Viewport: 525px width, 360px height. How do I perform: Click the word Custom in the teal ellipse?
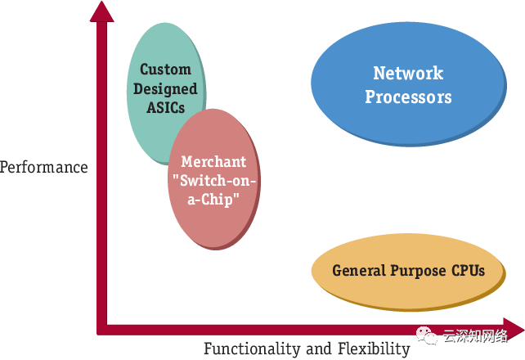[165, 70]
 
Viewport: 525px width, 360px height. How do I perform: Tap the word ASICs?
[166, 107]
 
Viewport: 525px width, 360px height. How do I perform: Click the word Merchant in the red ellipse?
[213, 162]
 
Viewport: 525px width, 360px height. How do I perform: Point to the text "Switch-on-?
[213, 181]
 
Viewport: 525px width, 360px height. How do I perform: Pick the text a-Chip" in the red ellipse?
[213, 200]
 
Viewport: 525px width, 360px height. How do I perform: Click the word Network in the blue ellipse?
[408, 74]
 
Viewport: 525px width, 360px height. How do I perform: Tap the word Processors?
[408, 97]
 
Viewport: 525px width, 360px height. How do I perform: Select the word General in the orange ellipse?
[359, 271]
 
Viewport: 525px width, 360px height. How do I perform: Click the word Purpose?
[418, 271]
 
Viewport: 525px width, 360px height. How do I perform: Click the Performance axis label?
[43, 168]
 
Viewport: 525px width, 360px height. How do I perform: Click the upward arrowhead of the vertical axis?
[102, 11]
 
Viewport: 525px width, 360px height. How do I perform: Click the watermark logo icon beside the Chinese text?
[428, 335]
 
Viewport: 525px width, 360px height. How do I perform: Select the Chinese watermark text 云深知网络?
[475, 335]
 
